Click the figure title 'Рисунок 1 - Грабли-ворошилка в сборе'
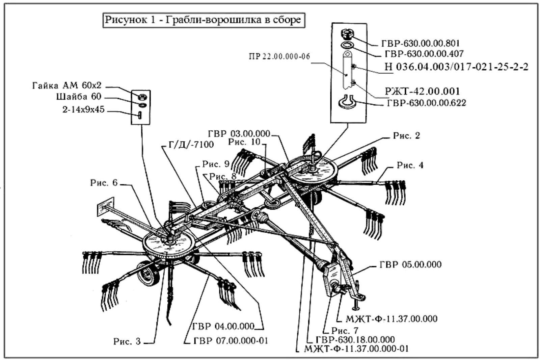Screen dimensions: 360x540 202,20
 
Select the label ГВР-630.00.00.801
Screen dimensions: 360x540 420,44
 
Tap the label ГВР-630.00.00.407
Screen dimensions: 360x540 424,53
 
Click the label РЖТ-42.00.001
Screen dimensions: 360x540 422,91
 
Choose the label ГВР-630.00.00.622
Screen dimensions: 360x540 426,103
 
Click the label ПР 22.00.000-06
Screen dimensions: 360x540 279,56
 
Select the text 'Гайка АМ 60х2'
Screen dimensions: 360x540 67,85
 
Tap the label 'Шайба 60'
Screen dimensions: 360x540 79,97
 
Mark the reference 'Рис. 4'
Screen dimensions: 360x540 410,165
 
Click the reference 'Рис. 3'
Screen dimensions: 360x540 127,341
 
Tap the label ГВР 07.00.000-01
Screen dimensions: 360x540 231,340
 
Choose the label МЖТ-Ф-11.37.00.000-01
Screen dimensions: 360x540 356,348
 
